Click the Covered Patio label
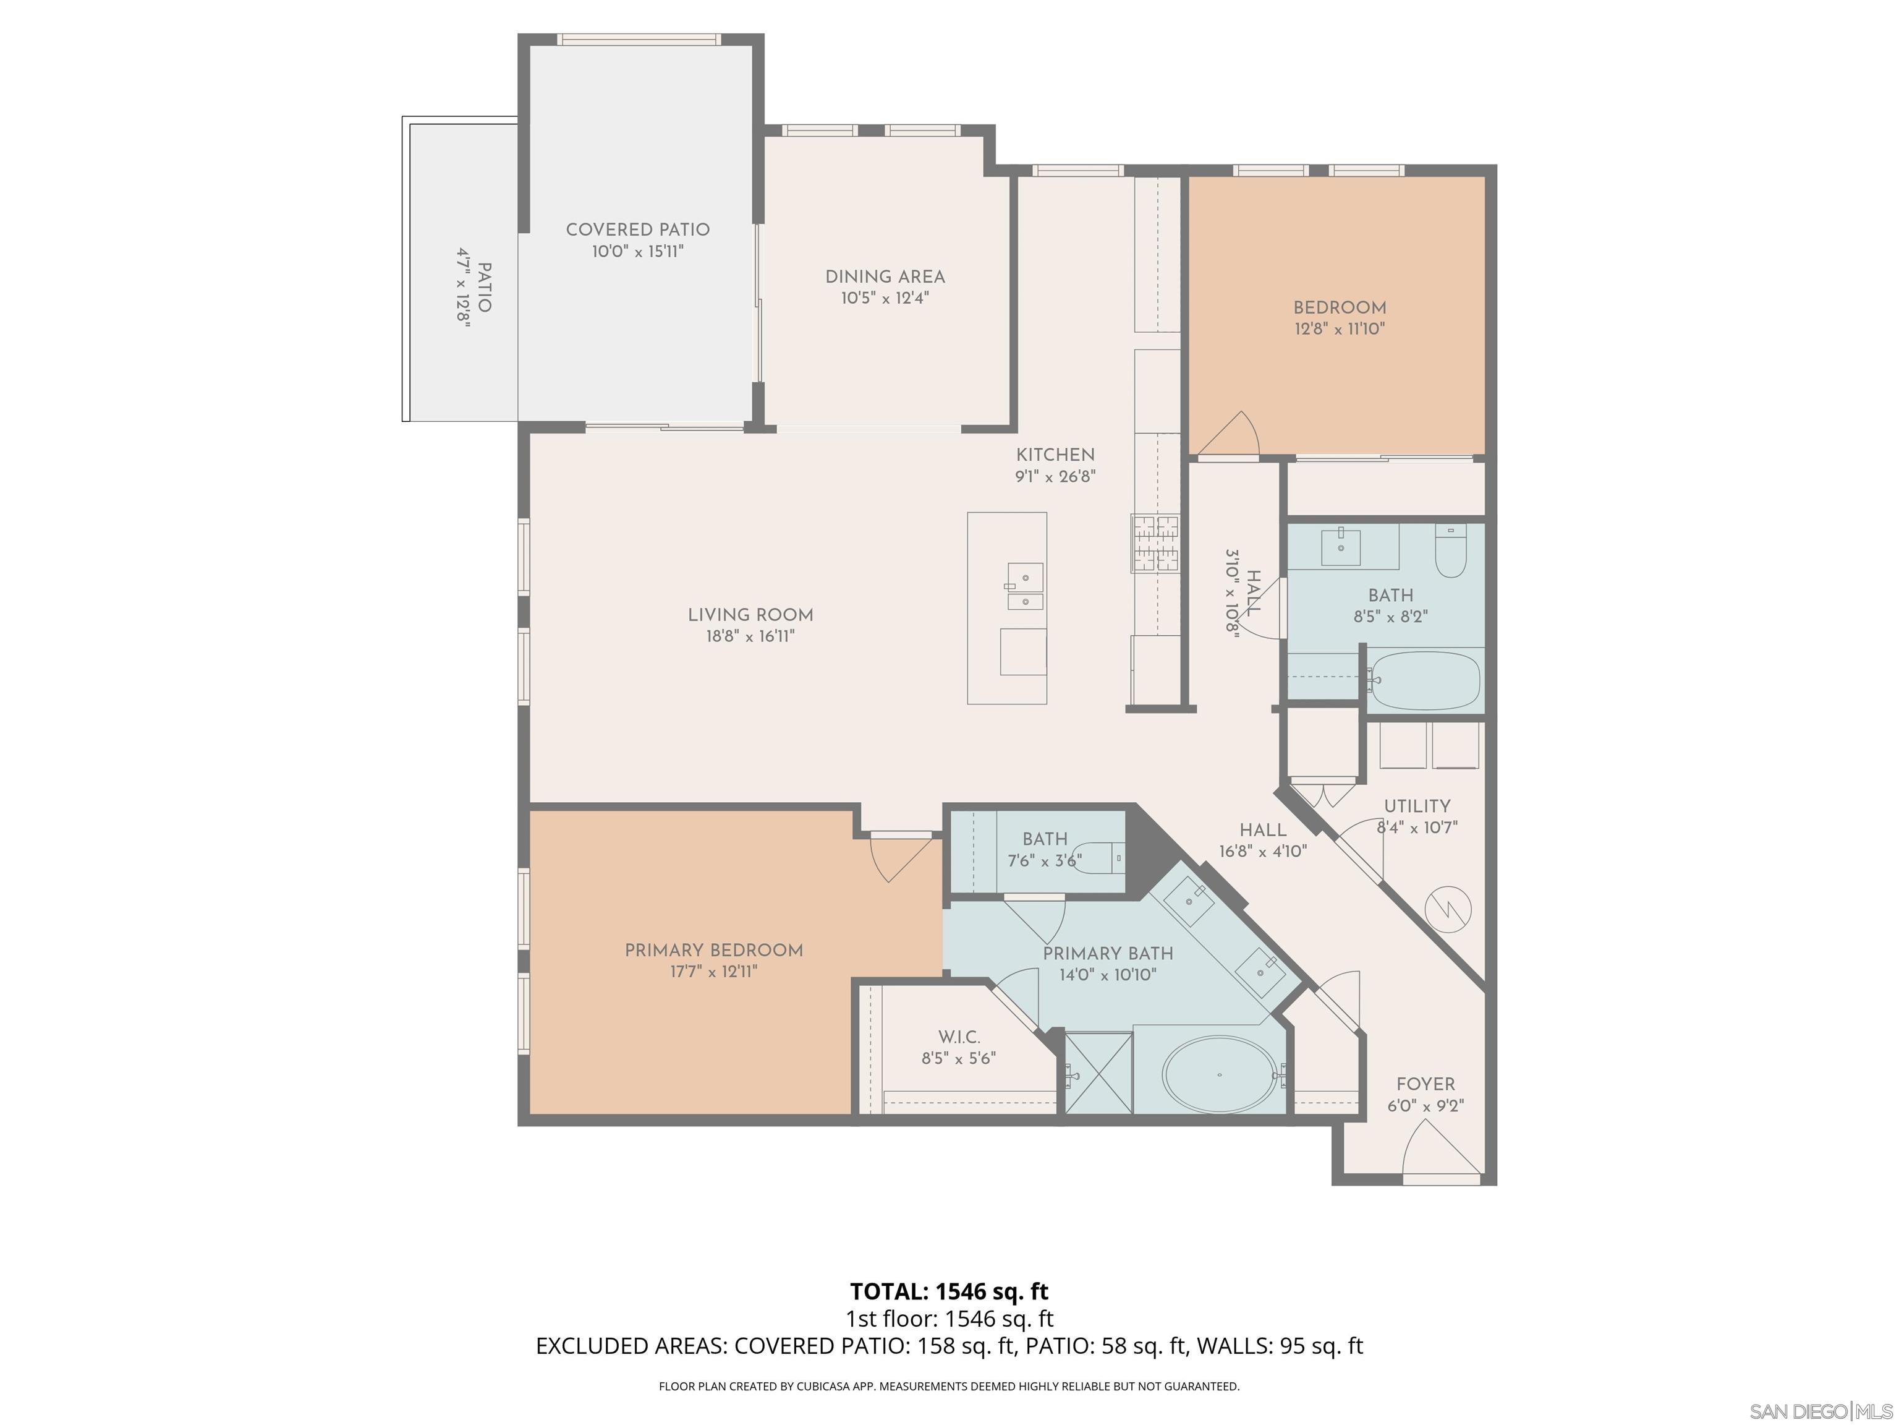click(637, 229)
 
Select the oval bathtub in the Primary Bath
click(1219, 1074)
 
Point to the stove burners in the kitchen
click(1155, 543)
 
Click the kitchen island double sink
click(1024, 586)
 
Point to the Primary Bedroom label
click(713, 950)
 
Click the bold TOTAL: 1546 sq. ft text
click(949, 1291)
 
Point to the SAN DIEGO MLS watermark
click(1820, 1411)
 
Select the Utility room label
click(1417, 806)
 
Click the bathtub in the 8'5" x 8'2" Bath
click(1425, 680)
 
